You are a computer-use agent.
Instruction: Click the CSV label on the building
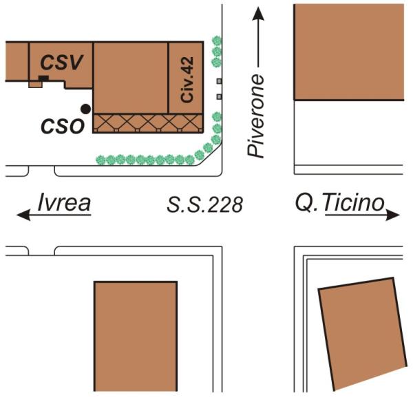pyautogui.click(x=61, y=63)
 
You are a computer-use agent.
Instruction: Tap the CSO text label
pyautogui.click(x=62, y=126)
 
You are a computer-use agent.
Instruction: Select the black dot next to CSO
pyautogui.click(x=85, y=109)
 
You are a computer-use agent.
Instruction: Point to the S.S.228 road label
pyautogui.click(x=205, y=204)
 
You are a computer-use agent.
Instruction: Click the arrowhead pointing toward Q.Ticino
pyautogui.click(x=394, y=215)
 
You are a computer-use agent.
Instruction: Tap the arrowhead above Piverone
pyautogui.click(x=257, y=13)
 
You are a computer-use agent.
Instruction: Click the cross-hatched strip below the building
pyautogui.click(x=148, y=123)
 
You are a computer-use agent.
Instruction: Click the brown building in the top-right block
pyautogui.click(x=348, y=52)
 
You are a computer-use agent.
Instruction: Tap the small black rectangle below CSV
pyautogui.click(x=43, y=79)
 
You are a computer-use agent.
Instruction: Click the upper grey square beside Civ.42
pyautogui.click(x=220, y=81)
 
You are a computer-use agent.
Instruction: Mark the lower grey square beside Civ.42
pyautogui.click(x=220, y=94)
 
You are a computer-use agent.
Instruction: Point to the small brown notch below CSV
pyautogui.click(x=33, y=85)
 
